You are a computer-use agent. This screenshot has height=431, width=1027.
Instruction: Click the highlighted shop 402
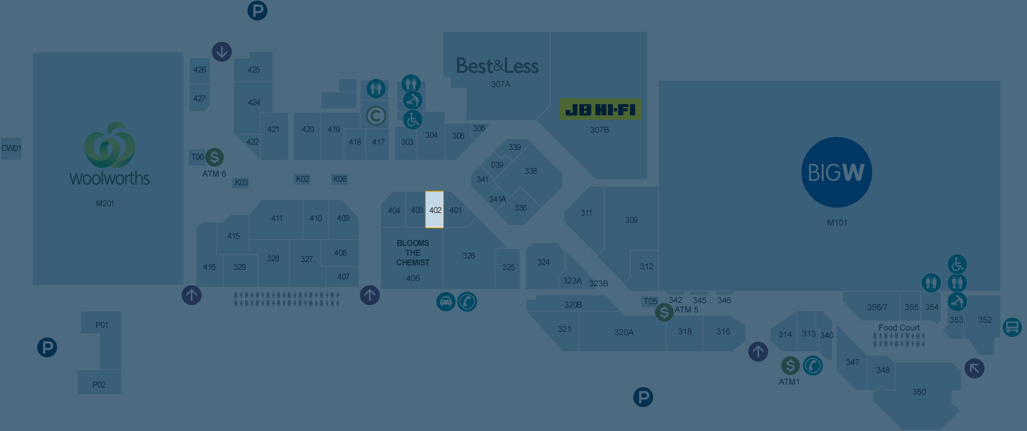(x=434, y=210)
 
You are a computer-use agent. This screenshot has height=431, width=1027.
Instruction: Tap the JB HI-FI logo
(x=600, y=110)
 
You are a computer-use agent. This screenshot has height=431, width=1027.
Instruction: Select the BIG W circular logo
(x=836, y=172)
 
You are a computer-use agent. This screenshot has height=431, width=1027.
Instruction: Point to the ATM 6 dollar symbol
(x=214, y=157)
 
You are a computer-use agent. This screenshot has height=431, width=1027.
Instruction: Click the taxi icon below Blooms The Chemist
(x=445, y=302)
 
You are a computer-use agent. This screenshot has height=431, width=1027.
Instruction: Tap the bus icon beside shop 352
(x=1012, y=327)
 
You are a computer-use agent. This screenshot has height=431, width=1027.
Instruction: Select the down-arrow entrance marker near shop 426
(x=222, y=52)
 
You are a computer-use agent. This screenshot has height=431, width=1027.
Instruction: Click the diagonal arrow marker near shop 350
(x=974, y=368)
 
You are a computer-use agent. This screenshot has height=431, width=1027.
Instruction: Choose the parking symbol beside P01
(x=47, y=347)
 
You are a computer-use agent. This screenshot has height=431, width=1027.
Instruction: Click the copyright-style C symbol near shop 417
(x=376, y=116)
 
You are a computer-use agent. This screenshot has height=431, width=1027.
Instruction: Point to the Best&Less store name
(x=497, y=66)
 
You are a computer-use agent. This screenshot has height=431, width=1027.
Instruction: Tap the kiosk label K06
(x=339, y=179)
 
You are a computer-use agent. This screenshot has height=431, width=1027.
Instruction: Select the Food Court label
(x=899, y=328)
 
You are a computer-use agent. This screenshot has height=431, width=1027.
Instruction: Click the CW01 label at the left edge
(x=11, y=148)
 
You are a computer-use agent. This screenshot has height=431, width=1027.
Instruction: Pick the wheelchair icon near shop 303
(x=412, y=120)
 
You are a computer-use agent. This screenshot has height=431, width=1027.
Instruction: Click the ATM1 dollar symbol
(x=790, y=366)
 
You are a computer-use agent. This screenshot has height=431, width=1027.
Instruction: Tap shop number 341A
(x=497, y=199)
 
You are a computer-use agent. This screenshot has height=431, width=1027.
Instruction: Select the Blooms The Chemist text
(x=413, y=253)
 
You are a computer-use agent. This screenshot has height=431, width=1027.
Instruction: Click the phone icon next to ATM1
(x=813, y=366)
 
